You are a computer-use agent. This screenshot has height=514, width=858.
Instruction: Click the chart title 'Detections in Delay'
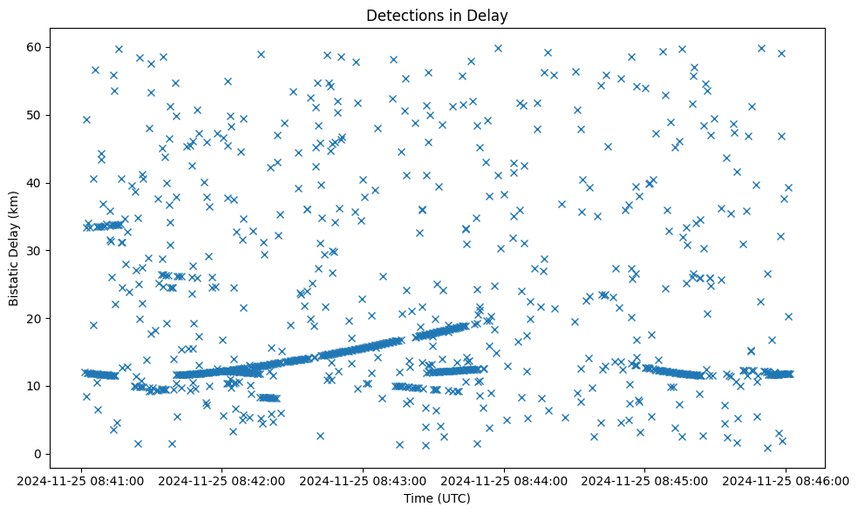(437, 16)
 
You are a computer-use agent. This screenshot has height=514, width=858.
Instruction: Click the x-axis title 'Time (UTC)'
(437, 498)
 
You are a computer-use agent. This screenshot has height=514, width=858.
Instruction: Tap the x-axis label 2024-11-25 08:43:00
(364, 479)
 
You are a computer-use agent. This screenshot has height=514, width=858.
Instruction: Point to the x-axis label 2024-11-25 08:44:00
(504, 479)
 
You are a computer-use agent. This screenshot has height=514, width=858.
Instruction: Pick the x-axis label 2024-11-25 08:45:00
(644, 479)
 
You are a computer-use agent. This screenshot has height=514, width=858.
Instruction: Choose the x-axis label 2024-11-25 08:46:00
(785, 479)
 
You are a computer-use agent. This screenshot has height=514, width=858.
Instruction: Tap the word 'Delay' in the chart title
(491, 16)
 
